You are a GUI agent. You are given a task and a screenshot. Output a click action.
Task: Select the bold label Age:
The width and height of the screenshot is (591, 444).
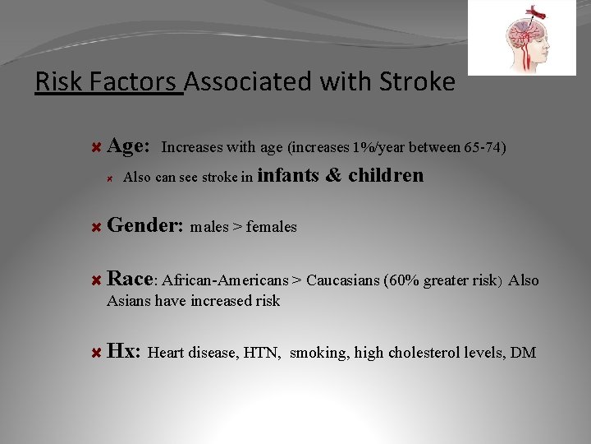128,146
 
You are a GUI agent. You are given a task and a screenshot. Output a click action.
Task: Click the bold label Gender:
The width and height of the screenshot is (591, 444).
144,225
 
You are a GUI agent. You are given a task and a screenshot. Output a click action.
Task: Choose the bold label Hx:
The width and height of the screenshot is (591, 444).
124,351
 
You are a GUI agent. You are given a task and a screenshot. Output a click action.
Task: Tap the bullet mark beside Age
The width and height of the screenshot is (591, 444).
95,148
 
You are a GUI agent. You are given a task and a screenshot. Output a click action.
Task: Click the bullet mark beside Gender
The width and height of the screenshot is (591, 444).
95,227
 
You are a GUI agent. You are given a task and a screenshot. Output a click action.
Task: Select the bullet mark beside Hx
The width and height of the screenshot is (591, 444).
95,353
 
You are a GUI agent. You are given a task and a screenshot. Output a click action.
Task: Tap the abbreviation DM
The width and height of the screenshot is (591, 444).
523,353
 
